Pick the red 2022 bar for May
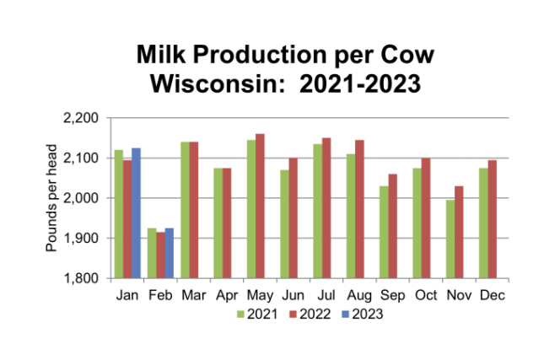tap(260, 206)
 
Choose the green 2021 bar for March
tap(185, 210)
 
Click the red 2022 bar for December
tap(492, 219)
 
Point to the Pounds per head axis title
tap(50, 199)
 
